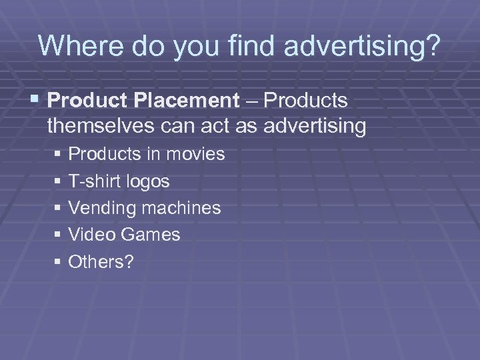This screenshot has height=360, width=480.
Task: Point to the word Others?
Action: pos(101,261)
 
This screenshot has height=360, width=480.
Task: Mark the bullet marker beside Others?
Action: pos(59,262)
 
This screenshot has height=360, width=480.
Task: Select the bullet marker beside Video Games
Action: pos(59,235)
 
